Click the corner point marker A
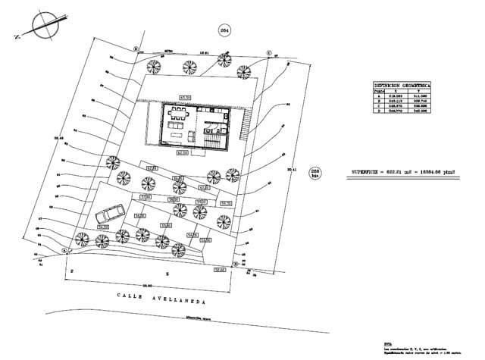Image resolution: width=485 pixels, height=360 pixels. pyautogui.click(x=65, y=249)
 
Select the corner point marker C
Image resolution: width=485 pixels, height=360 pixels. pyautogui.click(x=268, y=52)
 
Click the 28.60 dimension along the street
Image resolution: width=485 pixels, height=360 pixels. pyautogui.click(x=149, y=285)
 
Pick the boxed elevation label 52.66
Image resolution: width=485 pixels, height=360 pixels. pyautogui.click(x=220, y=269)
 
